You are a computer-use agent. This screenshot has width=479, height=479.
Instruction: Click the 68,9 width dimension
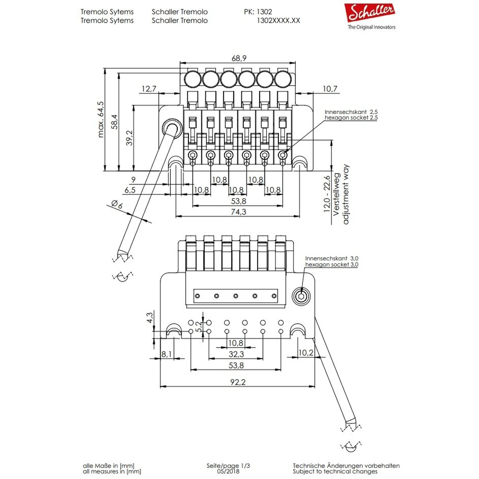coord(239,59)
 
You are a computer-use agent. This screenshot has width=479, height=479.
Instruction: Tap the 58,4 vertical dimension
coord(115,122)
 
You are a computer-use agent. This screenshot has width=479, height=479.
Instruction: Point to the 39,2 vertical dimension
coord(130,138)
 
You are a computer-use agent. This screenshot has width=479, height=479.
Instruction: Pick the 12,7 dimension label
coord(149,89)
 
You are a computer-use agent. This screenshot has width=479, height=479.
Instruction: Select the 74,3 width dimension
coord(238,212)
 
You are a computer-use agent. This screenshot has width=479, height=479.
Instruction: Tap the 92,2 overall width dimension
coord(238,382)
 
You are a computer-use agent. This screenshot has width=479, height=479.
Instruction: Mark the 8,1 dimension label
coord(167,354)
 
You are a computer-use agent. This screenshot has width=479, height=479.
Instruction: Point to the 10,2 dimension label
coord(306,352)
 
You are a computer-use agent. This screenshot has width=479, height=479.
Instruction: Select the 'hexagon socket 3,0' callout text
coord(332,264)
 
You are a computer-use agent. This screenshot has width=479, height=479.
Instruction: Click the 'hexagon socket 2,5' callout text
coord(351,118)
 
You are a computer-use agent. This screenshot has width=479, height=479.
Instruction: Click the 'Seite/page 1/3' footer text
coord(228,466)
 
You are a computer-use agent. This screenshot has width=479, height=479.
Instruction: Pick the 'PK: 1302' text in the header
coord(258,12)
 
